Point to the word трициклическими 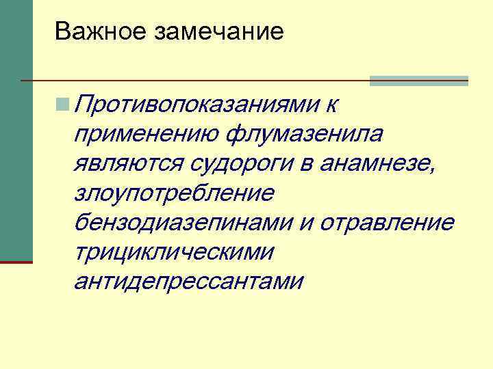tap(175, 251)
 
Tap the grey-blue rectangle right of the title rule tap(418, 81)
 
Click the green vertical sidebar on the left tap(16, 130)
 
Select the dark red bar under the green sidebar tap(16, 261)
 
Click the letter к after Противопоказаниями tap(333, 105)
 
